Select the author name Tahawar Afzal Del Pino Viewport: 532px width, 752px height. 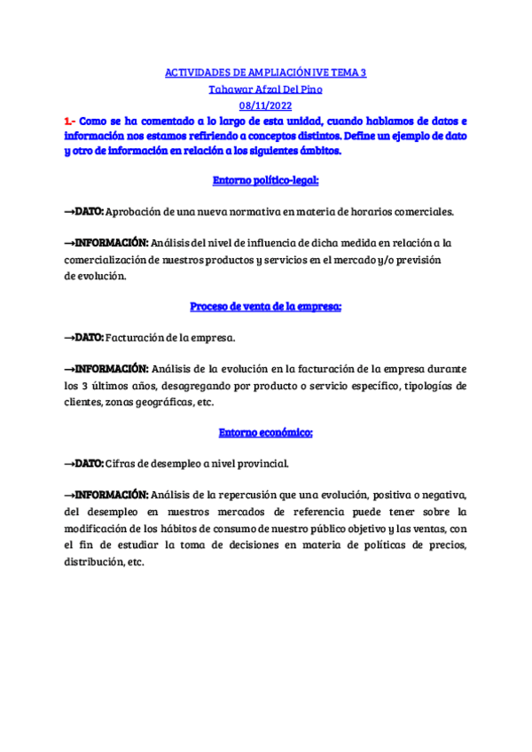tap(266, 89)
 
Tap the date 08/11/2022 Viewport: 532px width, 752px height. tap(266, 105)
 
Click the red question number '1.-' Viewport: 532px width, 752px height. tap(71, 121)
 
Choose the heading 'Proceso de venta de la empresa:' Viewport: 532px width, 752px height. tap(266, 306)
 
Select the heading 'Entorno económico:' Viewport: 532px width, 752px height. tap(266, 432)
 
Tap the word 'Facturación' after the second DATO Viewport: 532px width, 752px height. tap(136, 338)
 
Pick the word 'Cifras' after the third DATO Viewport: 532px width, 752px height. tap(120, 464)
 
